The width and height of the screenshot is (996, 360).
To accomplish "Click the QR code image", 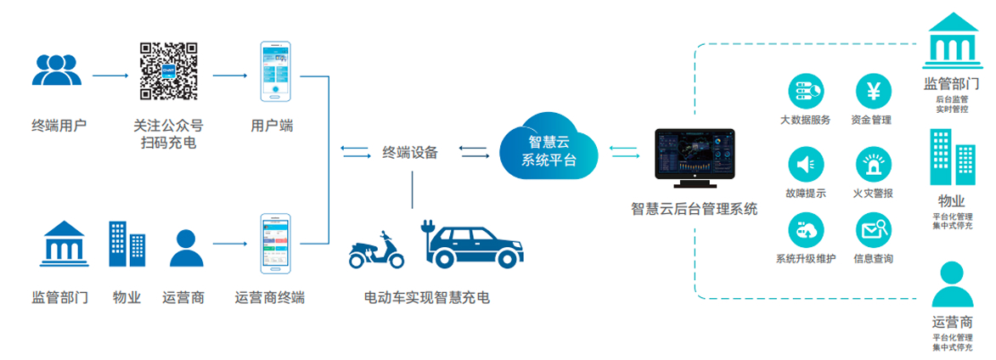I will (x=168, y=72).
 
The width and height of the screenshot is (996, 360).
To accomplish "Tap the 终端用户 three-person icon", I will (x=57, y=70).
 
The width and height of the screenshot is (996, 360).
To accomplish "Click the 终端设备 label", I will (x=410, y=153).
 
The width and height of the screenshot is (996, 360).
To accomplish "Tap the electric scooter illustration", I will (x=378, y=248).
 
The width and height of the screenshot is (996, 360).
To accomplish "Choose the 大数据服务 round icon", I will (x=805, y=90).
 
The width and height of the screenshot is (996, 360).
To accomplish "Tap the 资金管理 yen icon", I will (x=871, y=90).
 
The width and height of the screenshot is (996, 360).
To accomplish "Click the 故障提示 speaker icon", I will (x=805, y=162).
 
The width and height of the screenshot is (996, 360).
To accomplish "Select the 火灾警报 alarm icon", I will (x=872, y=162).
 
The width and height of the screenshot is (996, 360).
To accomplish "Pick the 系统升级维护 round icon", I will (x=805, y=228).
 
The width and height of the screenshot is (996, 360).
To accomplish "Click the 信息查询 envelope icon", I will (x=872, y=228).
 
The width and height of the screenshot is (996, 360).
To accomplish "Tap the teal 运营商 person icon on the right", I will (x=952, y=284).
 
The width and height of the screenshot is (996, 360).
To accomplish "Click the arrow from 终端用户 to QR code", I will (x=111, y=76).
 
